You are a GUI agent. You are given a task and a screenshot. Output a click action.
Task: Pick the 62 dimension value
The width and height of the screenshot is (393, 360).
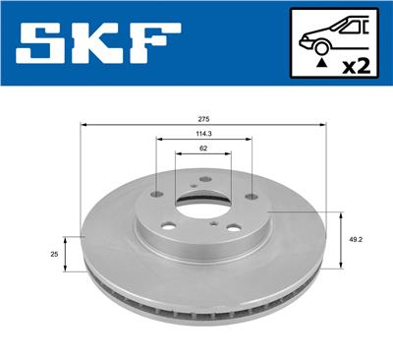pyautogui.click(x=203, y=149)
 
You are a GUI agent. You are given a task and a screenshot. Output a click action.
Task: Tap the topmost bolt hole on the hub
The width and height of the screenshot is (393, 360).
pyautogui.click(x=203, y=178)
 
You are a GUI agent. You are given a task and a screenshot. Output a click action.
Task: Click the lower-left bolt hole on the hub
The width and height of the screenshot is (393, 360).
pyautogui.click(x=170, y=227)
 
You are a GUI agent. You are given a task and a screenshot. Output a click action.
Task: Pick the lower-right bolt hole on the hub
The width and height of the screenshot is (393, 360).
pyautogui.click(x=233, y=231)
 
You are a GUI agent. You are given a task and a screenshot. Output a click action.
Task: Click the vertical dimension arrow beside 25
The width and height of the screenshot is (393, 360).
pyautogui.click(x=67, y=253)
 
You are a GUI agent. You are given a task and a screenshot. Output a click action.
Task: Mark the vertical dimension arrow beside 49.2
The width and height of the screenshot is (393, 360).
pyautogui.click(x=339, y=239)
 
